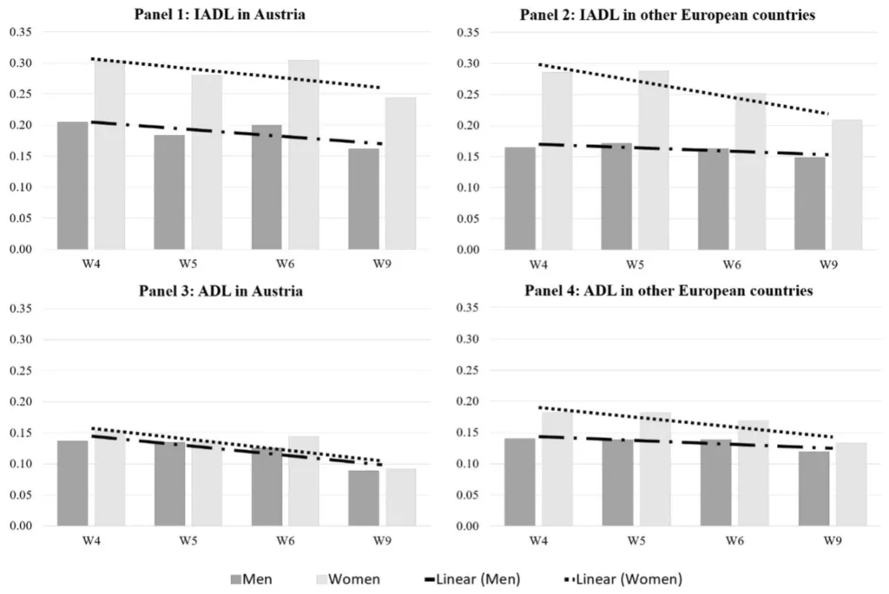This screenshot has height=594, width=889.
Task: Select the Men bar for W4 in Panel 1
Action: (x=72, y=186)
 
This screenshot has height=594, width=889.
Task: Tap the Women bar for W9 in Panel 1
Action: (x=400, y=173)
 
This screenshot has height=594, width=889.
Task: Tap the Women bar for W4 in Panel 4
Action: (x=556, y=473)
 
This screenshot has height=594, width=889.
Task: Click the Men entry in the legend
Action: (x=260, y=578)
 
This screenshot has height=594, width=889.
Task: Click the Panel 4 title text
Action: (x=668, y=291)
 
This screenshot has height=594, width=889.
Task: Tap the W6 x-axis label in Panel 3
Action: (x=286, y=540)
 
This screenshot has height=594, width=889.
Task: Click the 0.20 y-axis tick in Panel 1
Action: (x=19, y=126)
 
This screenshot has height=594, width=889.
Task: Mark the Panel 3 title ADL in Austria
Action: (x=221, y=291)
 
